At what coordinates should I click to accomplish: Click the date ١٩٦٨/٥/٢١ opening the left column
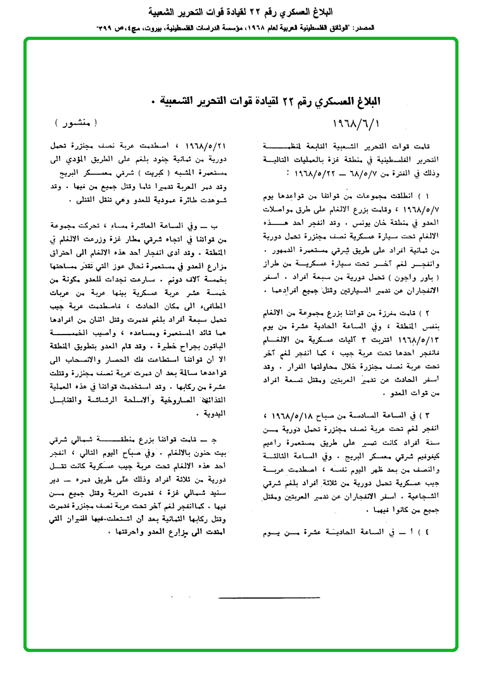pyautogui.click(x=198, y=146)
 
